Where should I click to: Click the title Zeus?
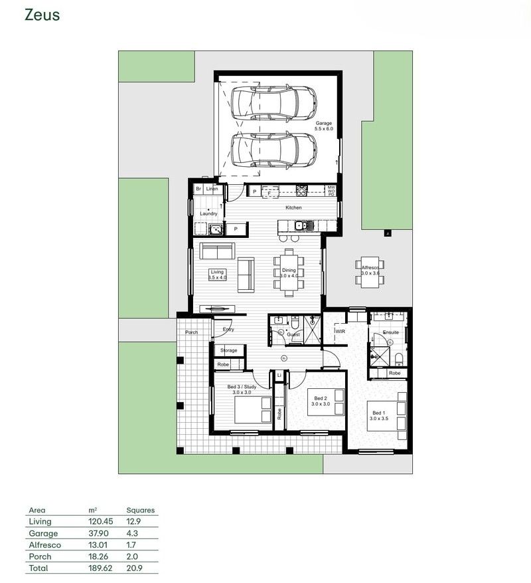(x=42, y=15)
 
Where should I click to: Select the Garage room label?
(x=324, y=124)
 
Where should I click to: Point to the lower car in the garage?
(x=273, y=150)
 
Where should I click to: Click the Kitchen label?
(x=293, y=208)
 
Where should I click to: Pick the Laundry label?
(x=208, y=213)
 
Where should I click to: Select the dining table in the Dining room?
(x=289, y=271)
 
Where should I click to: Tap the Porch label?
(x=191, y=332)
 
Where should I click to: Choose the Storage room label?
(x=228, y=350)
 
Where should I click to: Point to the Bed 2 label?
(x=321, y=399)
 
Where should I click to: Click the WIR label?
(x=341, y=330)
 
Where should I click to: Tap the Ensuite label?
(x=391, y=332)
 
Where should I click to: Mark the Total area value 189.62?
(x=100, y=569)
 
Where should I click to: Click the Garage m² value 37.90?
(x=99, y=534)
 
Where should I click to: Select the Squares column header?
(x=140, y=511)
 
